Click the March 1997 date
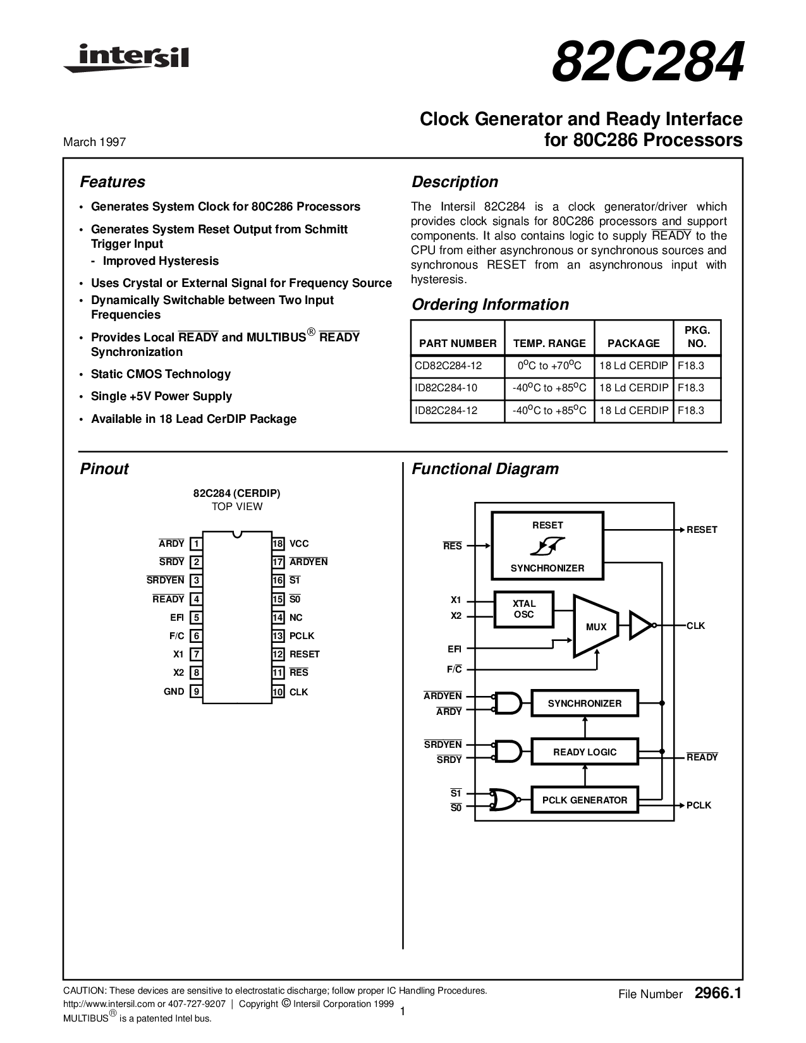[94, 142]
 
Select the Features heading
[112, 182]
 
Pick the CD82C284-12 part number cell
[448, 365]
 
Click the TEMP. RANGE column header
[549, 343]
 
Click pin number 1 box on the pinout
[197, 544]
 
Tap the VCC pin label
[299, 544]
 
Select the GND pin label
[174, 692]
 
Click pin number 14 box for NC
[278, 618]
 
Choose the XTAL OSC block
[523, 609]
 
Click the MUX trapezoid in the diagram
[595, 626]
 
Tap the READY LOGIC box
[584, 752]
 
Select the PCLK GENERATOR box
[584, 800]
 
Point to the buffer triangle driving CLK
[640, 625]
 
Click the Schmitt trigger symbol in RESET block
[547, 546]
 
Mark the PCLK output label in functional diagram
[699, 805]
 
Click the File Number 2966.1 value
[717, 994]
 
